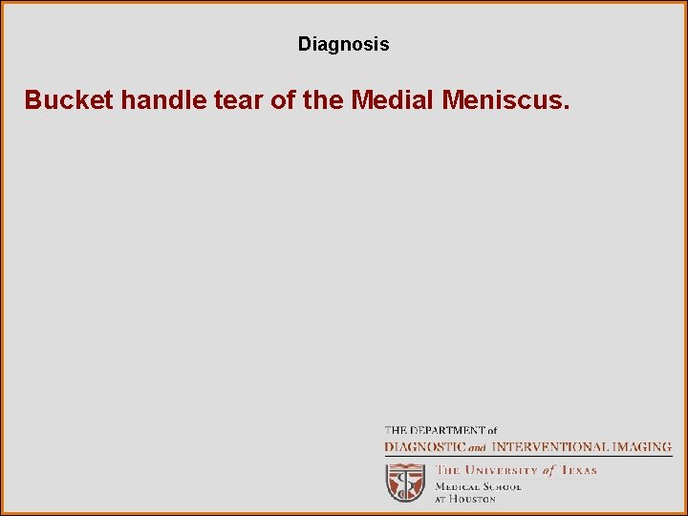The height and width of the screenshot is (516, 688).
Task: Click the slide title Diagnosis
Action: (343, 44)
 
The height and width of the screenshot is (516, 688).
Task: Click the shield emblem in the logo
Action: (405, 483)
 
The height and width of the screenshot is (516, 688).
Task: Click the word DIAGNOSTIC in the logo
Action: (425, 446)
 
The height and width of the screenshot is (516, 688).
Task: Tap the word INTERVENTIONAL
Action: (551, 446)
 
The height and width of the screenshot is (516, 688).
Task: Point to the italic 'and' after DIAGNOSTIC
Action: (477, 447)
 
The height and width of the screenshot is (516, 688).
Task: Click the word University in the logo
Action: (503, 470)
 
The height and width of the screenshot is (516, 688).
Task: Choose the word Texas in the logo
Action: (578, 470)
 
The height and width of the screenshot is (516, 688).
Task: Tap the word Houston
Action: (473, 499)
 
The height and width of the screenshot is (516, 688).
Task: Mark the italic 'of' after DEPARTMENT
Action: (490, 431)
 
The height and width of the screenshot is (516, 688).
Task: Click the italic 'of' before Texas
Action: (548, 470)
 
